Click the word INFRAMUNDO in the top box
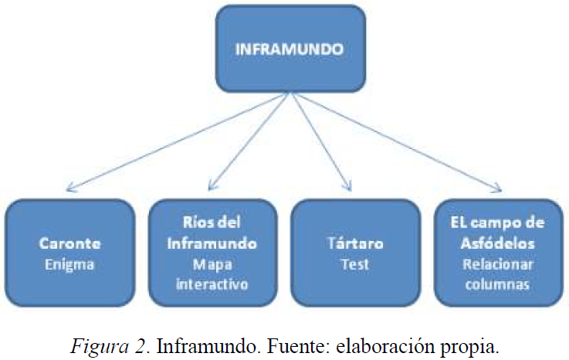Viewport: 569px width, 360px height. click(x=289, y=48)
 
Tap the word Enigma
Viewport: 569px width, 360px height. click(x=70, y=264)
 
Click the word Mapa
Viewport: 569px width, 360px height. click(x=212, y=263)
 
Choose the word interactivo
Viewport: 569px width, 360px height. click(x=212, y=284)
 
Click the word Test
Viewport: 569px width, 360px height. click(x=354, y=264)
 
